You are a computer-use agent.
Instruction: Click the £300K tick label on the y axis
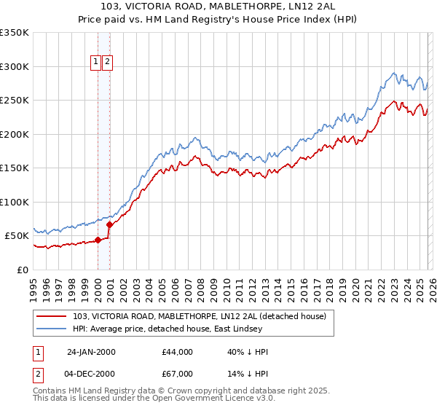point(15,66)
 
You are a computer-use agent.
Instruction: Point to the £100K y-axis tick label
point(15,202)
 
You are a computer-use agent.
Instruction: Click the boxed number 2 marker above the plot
point(108,63)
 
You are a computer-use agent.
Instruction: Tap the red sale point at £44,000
point(98,240)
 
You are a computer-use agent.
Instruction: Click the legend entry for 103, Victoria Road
point(204,316)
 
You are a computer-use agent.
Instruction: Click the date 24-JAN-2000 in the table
point(91,352)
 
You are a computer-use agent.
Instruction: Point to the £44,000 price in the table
point(178,352)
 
